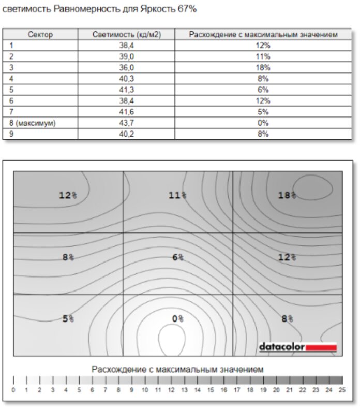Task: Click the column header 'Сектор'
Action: (40, 35)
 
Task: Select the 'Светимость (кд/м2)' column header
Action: (126, 35)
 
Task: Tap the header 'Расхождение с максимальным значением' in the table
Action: (263, 35)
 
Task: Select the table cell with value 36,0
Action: (126, 67)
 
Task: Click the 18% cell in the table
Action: (263, 67)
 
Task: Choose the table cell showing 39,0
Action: (126, 56)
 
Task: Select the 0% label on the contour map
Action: (177, 318)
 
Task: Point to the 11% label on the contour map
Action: (177, 195)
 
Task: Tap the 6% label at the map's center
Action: (177, 257)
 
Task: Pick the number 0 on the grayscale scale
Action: (13, 389)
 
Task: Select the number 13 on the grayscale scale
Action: (184, 389)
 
